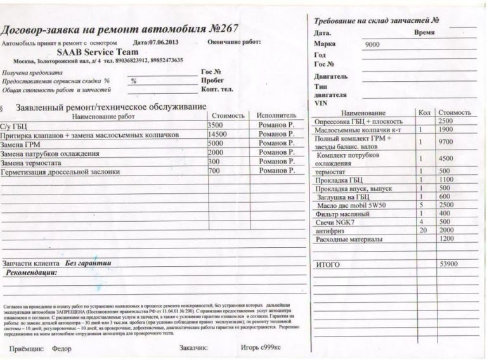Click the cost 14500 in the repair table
point(217,135)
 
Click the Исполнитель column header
point(276,116)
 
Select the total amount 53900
point(448,262)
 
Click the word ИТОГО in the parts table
point(328,263)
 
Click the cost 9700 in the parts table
point(446,142)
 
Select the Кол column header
point(424,112)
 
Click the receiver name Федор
point(62,348)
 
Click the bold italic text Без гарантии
point(88,262)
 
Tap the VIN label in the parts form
point(321,103)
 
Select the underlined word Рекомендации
point(32,272)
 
